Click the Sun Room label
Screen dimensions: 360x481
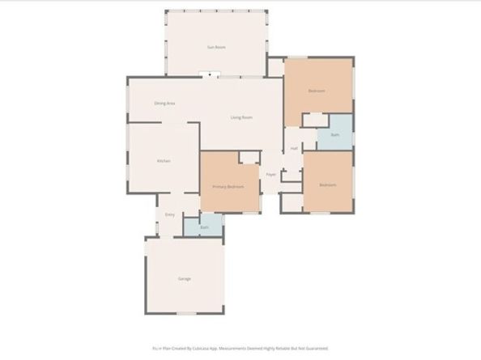pos(216,48)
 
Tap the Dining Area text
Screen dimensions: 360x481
pos(165,103)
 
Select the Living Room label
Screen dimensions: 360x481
pos(241,117)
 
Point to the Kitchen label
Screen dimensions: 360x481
pos(164,161)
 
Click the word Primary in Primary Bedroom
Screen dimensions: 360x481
pos(219,187)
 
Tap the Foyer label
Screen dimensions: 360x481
pos(271,175)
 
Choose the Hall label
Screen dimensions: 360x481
pos(295,149)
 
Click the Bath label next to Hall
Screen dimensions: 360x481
pos(335,135)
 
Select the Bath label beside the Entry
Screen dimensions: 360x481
pos(204,227)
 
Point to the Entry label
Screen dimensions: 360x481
pos(170,214)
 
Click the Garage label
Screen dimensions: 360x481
pos(185,279)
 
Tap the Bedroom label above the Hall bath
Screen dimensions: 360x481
pos(317,91)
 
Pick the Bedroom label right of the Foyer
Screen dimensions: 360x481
pos(327,185)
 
